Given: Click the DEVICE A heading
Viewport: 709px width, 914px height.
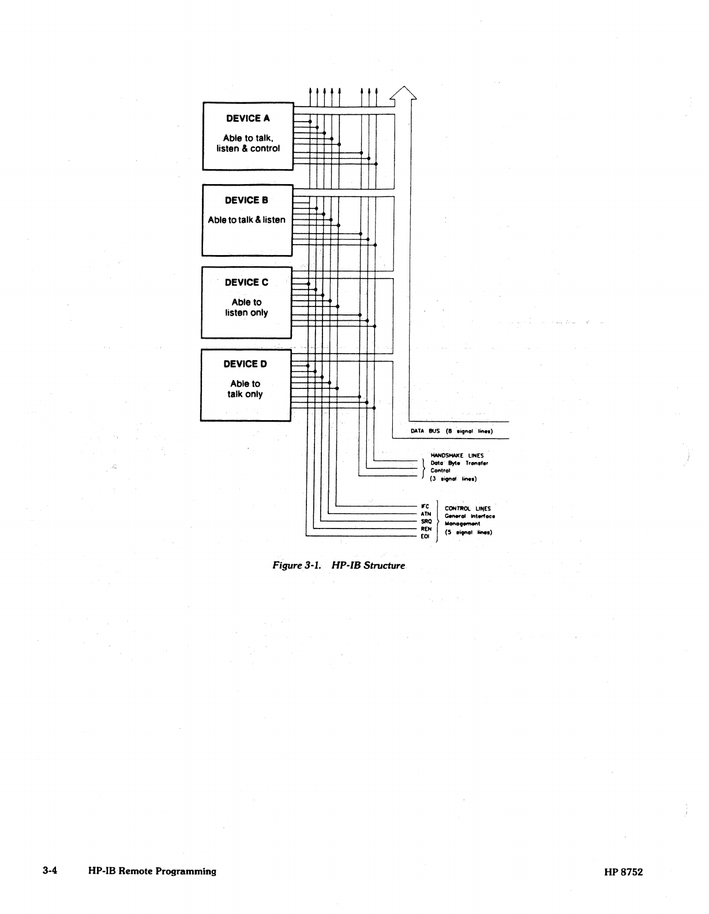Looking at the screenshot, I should pos(247,118).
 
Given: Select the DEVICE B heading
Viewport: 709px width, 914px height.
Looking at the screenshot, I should pos(246,200).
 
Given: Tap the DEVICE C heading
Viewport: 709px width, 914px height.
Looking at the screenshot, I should pos(246,282).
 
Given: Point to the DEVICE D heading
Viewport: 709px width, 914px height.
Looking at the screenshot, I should pos(245,364).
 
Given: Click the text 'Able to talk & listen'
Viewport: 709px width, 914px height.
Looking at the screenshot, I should pos(246,220).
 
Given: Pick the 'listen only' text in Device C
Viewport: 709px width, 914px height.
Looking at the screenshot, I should pos(246,313).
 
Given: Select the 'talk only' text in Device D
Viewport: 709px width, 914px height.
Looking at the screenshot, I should pos(245,394).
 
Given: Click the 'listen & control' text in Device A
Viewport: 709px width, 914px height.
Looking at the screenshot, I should pos(248,148).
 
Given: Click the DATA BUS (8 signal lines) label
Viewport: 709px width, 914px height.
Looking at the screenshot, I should pos(451,431).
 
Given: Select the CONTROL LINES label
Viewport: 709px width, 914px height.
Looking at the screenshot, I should pos(467,508).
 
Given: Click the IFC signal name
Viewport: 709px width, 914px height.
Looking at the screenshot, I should pos(425,507).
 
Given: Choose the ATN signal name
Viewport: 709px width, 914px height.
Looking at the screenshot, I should pos(426,514).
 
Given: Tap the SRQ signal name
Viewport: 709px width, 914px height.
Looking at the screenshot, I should pos(426,521).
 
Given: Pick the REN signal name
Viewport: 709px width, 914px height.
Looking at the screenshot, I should pos(426,529).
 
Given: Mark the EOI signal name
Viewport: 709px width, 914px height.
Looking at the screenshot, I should pos(425,536).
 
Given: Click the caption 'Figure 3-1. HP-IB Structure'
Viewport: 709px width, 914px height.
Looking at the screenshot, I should pos(339,565).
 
